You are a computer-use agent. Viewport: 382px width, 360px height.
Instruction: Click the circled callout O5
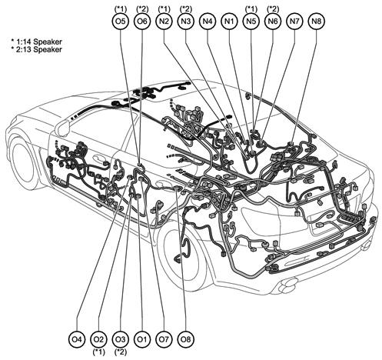click(121, 21)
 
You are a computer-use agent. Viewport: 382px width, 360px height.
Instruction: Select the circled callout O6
click(142, 21)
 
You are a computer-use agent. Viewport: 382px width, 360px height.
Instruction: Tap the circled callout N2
click(164, 21)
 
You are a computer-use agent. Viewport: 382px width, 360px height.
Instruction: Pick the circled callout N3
click(186, 21)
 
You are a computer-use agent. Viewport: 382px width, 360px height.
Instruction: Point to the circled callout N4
click(208, 21)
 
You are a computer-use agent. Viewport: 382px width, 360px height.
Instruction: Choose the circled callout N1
click(229, 21)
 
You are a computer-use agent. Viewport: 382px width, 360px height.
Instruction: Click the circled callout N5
click(251, 21)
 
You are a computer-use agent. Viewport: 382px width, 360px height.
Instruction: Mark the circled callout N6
click(273, 21)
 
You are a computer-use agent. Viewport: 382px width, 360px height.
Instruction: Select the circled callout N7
click(294, 21)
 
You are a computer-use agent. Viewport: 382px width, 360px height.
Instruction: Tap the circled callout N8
click(317, 21)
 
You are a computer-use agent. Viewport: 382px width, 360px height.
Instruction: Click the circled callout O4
click(77, 339)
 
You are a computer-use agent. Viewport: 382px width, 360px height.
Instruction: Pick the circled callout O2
click(98, 339)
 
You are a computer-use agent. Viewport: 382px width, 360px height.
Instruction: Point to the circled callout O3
click(121, 339)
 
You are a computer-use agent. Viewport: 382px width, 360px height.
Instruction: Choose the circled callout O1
click(142, 339)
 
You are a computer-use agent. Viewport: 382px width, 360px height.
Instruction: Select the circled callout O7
click(164, 339)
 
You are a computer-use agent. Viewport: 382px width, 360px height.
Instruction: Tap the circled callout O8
click(186, 339)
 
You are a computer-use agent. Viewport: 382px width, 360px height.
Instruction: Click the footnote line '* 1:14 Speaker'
click(36, 42)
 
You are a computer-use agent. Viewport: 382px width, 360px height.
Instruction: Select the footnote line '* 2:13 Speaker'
click(36, 49)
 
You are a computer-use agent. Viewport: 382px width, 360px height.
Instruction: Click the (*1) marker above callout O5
click(121, 8)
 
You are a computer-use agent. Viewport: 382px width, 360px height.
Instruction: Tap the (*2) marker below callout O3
click(121, 352)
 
